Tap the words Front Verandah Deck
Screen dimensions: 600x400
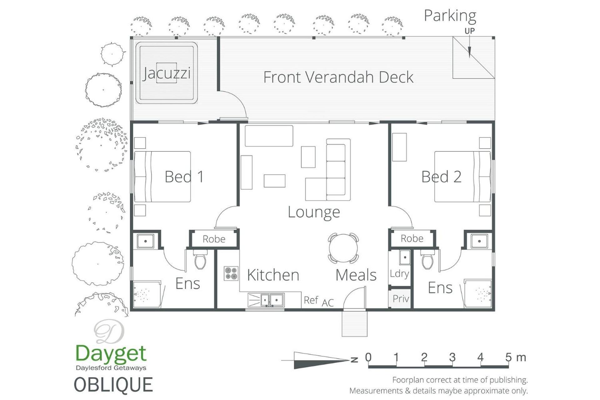[x=338, y=77]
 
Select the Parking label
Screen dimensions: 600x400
[x=450, y=16]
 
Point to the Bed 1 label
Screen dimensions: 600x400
[x=184, y=177]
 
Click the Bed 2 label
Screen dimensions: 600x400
[x=441, y=177]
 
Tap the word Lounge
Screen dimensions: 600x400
[x=314, y=212]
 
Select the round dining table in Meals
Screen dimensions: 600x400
[x=343, y=248]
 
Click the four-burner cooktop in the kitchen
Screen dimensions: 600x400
[x=231, y=273]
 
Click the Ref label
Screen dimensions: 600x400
[x=311, y=300]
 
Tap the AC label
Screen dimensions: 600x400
[x=328, y=302]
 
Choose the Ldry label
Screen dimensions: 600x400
[x=399, y=274]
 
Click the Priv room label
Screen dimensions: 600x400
[x=401, y=299]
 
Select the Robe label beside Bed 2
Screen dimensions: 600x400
[x=412, y=238]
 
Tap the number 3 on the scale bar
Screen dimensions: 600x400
[x=452, y=357]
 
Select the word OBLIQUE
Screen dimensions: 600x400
[x=113, y=385]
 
